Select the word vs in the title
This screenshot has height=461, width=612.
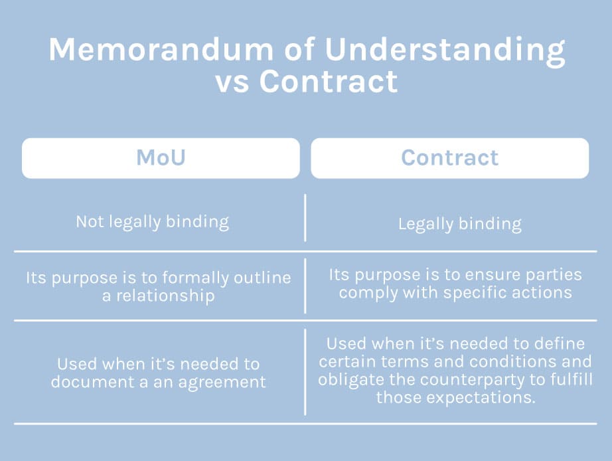pyautogui.click(x=232, y=83)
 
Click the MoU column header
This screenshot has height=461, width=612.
pyautogui.click(x=161, y=158)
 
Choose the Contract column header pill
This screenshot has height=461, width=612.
pyautogui.click(x=449, y=158)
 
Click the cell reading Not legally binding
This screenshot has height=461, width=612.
pyautogui.click(x=152, y=222)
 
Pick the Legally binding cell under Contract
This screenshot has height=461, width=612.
pyautogui.click(x=460, y=225)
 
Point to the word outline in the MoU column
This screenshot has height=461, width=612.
pyautogui.click(x=262, y=278)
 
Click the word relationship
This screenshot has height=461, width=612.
pyautogui.click(x=165, y=296)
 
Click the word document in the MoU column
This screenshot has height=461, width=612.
pyautogui.click(x=92, y=382)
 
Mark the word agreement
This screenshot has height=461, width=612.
pyautogui.click(x=222, y=383)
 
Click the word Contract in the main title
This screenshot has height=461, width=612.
pyautogui.click(x=329, y=82)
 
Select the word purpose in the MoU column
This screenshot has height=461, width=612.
pyautogui.click(x=84, y=278)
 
